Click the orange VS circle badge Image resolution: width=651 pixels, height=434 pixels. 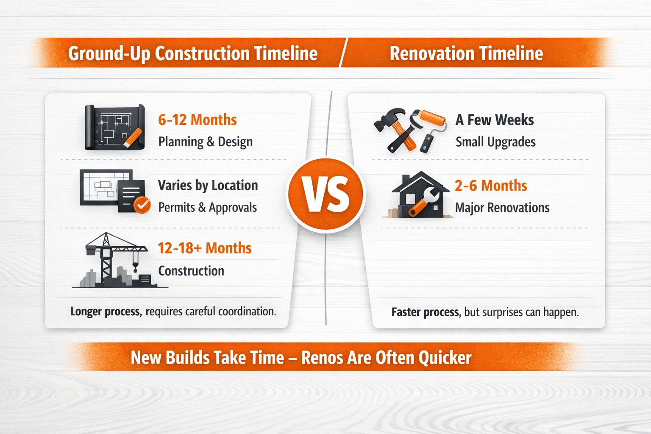pyautogui.click(x=325, y=195)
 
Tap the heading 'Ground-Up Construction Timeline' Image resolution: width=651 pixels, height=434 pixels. pyautogui.click(x=193, y=54)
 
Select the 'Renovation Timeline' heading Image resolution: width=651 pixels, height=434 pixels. pyautogui.click(x=466, y=54)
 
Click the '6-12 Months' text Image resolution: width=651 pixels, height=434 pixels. pyautogui.click(x=197, y=120)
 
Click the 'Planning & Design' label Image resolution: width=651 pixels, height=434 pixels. pyautogui.click(x=205, y=142)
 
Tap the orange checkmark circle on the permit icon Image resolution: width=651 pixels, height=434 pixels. pyautogui.click(x=142, y=205)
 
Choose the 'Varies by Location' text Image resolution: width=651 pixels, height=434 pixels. pyautogui.click(x=208, y=186)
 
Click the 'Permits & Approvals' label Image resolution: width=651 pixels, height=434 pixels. pyautogui.click(x=207, y=208)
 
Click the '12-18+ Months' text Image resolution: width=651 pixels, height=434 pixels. pyautogui.click(x=204, y=248)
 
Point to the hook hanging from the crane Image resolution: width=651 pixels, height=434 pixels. pyautogui.click(x=136, y=267)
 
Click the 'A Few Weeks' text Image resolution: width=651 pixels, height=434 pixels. pyautogui.click(x=495, y=120)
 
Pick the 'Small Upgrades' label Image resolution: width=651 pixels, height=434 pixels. pyautogui.click(x=495, y=142)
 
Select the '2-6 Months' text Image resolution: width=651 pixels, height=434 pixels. pyautogui.click(x=491, y=186)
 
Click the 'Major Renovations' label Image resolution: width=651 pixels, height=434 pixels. pyautogui.click(x=502, y=208)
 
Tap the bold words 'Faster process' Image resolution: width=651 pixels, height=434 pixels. pyautogui.click(x=425, y=312)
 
